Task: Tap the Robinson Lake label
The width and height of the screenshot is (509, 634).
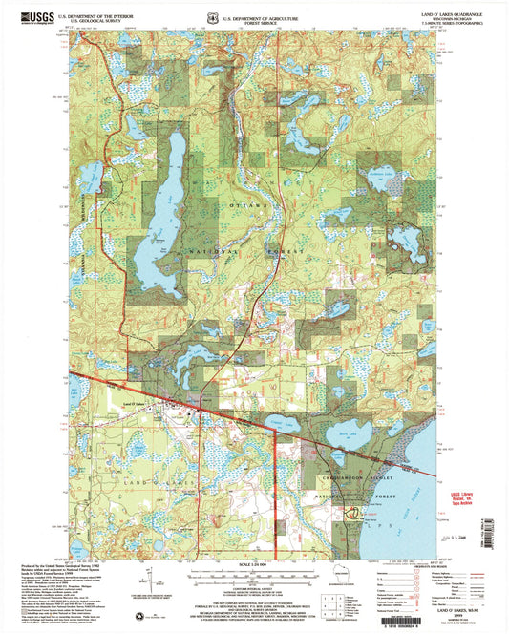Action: (380, 173)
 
